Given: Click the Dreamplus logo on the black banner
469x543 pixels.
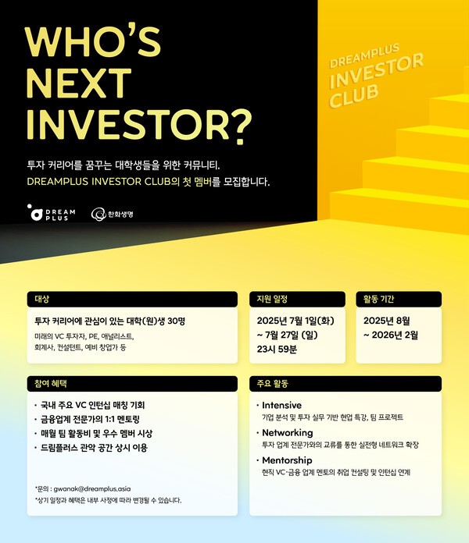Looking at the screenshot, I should click(x=48, y=213).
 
